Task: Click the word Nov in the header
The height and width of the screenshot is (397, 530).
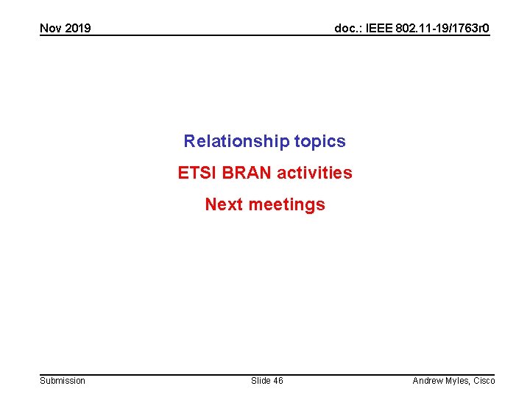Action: click(x=51, y=29)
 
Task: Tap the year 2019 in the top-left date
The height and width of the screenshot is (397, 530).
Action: click(x=77, y=29)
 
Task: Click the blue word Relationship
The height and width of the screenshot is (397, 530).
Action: click(x=236, y=141)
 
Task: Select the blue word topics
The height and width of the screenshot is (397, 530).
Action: click(x=319, y=141)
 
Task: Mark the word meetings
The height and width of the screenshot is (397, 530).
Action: click(x=286, y=204)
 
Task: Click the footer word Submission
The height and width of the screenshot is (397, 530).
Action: click(x=63, y=380)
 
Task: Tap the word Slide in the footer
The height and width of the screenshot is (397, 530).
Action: click(x=261, y=380)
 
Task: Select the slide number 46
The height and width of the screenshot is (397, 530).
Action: click(x=278, y=380)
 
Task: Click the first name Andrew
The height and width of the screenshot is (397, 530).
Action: click(x=428, y=380)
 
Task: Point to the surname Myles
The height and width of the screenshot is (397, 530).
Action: click(x=459, y=380)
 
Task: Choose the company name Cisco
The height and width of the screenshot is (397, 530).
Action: click(x=484, y=380)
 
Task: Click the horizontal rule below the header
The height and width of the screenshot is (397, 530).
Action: click(x=265, y=36)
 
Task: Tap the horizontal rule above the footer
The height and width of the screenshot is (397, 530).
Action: click(x=265, y=373)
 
